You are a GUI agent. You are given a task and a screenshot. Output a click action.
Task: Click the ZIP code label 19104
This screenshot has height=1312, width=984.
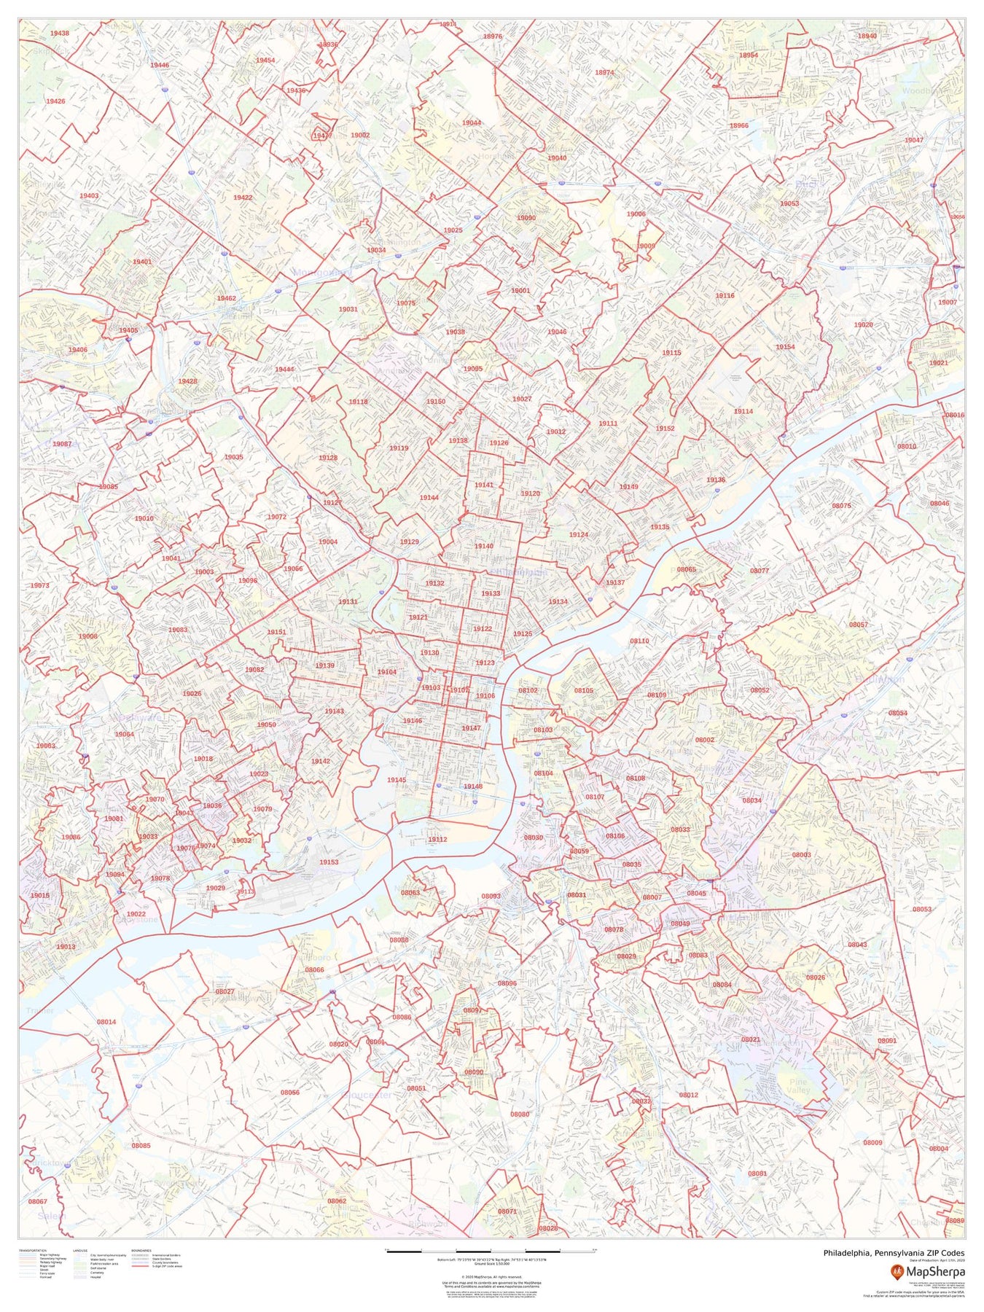(386, 671)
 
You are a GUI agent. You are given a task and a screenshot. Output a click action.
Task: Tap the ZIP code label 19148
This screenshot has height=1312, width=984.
(473, 786)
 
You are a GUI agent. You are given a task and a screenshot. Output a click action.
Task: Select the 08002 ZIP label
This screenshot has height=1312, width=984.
(704, 740)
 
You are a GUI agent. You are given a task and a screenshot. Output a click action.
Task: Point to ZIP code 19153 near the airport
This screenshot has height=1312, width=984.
(329, 862)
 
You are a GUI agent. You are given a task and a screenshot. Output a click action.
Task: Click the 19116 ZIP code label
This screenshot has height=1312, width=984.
(725, 296)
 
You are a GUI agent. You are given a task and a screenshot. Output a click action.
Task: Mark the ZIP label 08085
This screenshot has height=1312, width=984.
(141, 1145)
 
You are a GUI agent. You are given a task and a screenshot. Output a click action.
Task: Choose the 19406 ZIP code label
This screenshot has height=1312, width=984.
(78, 350)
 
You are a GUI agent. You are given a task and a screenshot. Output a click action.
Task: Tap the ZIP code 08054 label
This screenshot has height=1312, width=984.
(897, 713)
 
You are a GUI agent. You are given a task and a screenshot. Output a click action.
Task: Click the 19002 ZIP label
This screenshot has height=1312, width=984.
(360, 135)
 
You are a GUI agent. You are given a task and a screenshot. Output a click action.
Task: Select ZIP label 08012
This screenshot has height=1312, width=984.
(688, 1095)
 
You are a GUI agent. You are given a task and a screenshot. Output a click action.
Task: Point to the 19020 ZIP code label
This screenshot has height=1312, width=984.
(863, 324)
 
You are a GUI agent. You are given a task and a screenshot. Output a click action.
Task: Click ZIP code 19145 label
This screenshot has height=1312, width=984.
(397, 780)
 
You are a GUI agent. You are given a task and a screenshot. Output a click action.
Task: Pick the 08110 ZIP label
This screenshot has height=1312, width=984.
(639, 641)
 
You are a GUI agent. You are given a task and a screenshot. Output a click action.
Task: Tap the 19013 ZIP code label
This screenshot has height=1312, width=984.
(66, 946)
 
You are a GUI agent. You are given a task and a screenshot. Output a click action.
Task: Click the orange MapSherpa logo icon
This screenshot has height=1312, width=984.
(897, 1273)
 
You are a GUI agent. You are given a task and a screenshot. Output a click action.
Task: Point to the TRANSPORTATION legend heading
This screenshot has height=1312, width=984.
(33, 1251)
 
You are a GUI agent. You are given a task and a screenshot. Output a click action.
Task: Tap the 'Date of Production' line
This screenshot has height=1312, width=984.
(937, 1260)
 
